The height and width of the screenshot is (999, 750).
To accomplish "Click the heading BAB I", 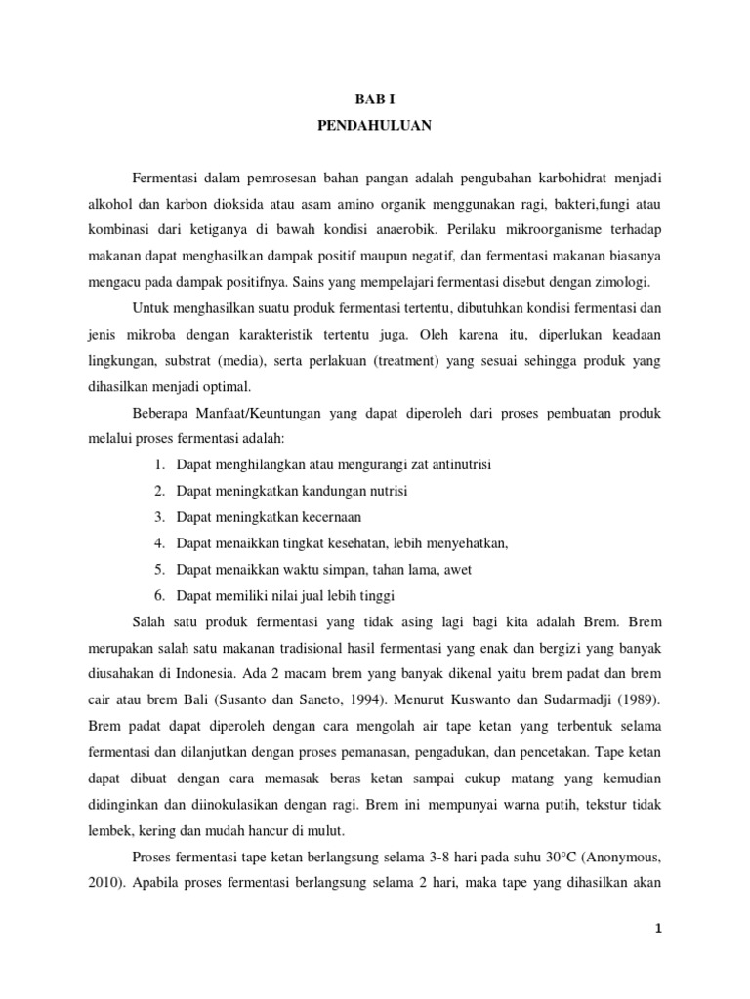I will coord(375,100).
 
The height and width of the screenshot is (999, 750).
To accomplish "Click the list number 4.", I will coord(157,543).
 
